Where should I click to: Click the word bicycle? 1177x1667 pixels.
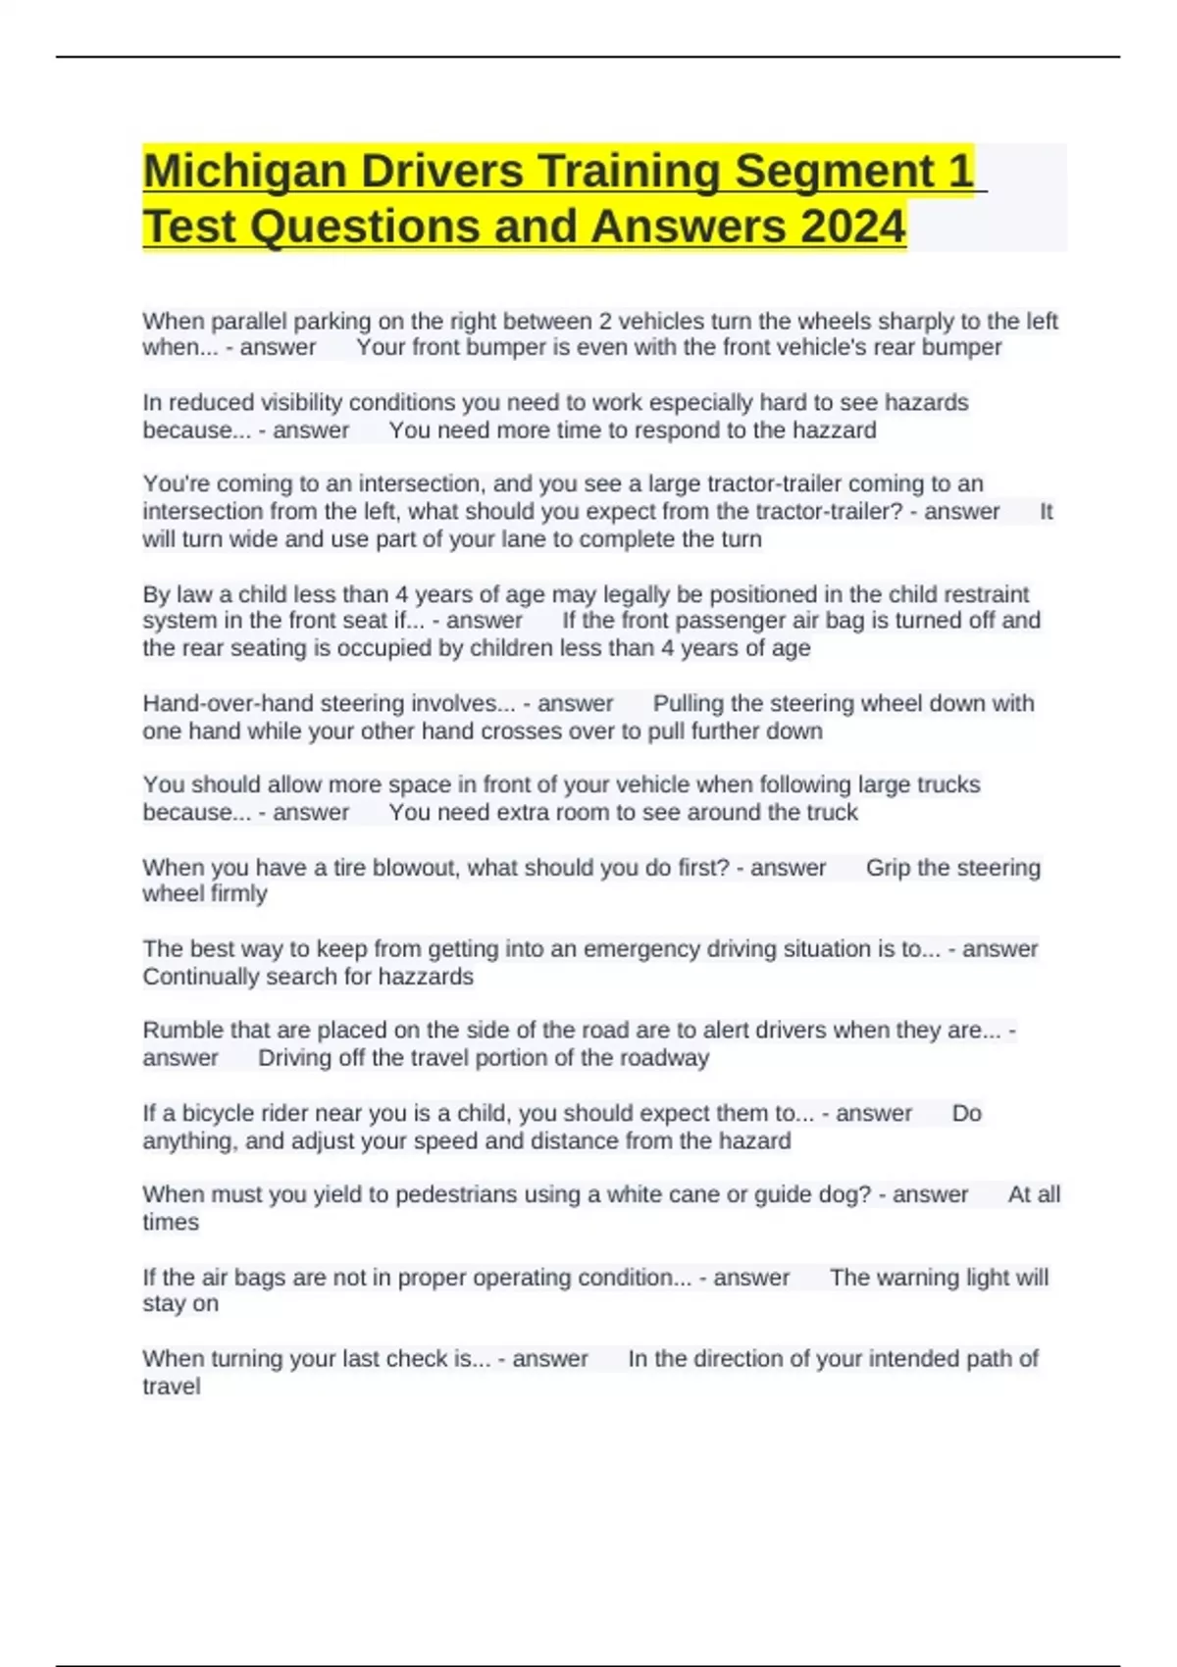pos(220,1113)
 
